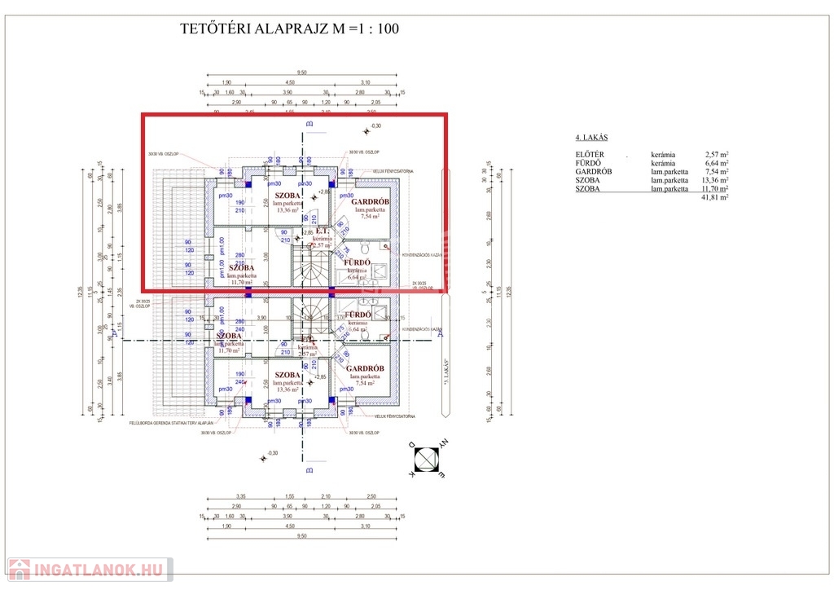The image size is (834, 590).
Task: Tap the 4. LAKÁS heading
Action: tap(592, 138)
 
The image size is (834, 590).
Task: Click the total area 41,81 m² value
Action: tap(715, 197)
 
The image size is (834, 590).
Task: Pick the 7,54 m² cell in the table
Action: tap(717, 172)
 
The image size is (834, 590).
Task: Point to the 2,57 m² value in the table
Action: tap(717, 154)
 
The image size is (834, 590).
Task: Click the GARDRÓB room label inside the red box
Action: tap(370, 202)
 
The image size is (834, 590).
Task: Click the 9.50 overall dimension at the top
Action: tap(302, 73)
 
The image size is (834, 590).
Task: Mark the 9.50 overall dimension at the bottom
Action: tap(302, 536)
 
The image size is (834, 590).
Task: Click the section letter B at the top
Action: tap(309, 124)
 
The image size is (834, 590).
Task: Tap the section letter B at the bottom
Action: tap(309, 470)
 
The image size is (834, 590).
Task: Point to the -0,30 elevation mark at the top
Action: tap(375, 126)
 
